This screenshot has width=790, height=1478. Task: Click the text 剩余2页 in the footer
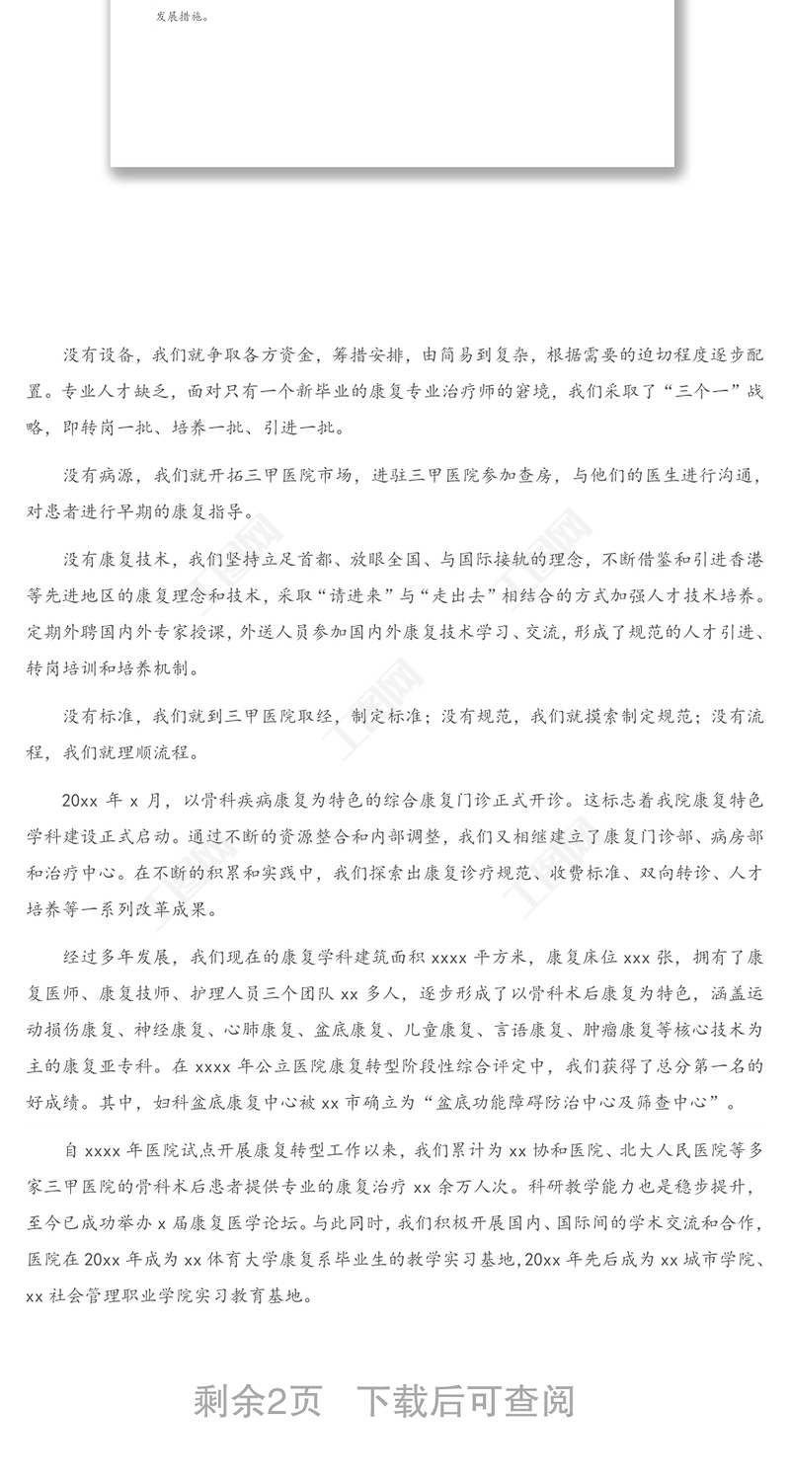tap(258, 1401)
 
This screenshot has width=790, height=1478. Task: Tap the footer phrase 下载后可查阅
tap(465, 1401)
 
